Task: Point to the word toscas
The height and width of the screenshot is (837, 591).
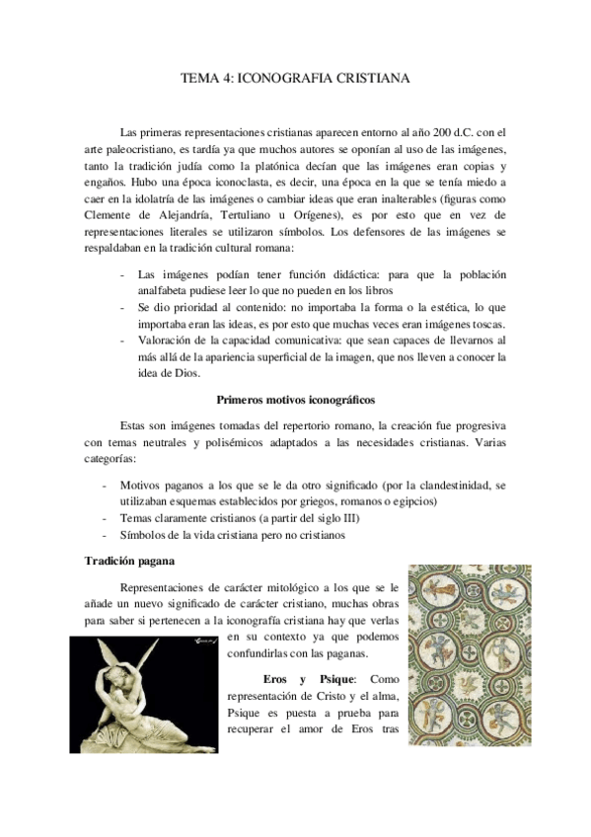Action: pos(483,323)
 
